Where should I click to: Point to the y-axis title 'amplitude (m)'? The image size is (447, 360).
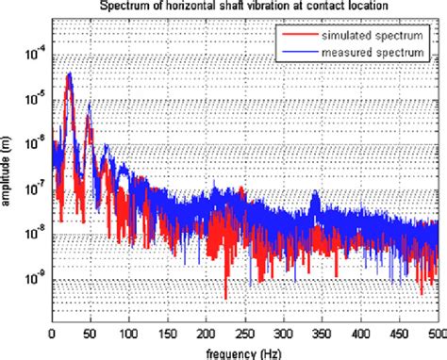[x=8, y=170]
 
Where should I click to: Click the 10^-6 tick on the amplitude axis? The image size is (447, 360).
[x=36, y=142]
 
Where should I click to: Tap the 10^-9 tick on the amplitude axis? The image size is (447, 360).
[x=36, y=279]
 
